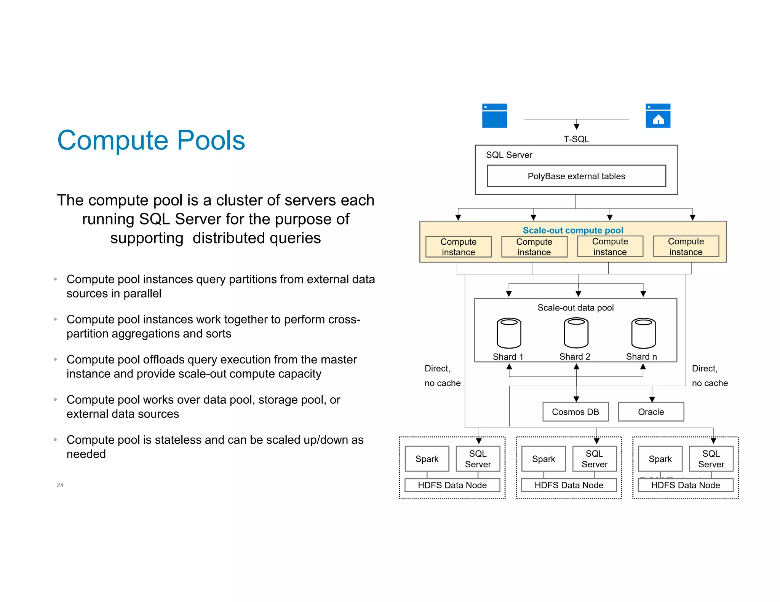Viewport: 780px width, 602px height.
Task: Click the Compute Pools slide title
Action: point(151,140)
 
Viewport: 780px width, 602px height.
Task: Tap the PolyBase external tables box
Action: point(576,176)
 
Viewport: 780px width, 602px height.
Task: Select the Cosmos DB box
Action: point(575,412)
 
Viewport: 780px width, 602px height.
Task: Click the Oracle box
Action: point(651,412)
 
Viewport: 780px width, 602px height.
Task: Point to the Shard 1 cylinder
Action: point(509,333)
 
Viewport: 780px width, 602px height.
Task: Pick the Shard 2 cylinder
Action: point(576,333)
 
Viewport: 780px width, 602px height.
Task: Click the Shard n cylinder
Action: point(643,333)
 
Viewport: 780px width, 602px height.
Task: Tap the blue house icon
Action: point(658,116)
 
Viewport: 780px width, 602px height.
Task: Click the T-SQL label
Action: point(576,139)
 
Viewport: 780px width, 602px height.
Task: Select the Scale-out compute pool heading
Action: point(573,230)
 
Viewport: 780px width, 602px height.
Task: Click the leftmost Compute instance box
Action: point(458,247)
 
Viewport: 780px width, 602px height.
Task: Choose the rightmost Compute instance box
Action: point(686,247)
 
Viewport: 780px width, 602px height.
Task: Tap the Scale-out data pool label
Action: point(575,307)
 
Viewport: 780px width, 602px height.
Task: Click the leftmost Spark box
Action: point(427,459)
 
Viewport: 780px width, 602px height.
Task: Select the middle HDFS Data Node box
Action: point(569,485)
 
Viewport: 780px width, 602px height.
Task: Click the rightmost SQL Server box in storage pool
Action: point(711,459)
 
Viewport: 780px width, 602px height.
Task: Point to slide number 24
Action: point(60,485)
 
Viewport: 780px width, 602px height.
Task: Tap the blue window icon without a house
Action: point(494,116)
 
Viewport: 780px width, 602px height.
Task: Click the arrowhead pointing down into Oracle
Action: point(652,399)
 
